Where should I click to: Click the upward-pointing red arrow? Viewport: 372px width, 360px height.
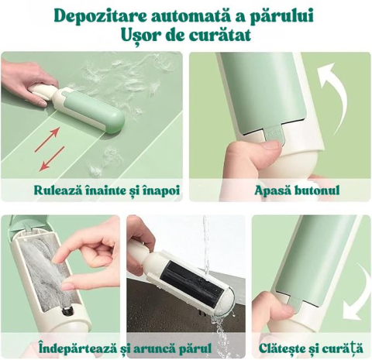[47, 139]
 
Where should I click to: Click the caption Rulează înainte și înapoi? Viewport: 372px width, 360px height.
[107, 190]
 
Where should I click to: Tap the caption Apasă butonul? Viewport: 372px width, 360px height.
[297, 190]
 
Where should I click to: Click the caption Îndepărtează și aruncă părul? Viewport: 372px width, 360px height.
[125, 348]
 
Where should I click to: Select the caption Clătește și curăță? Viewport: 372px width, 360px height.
[311, 348]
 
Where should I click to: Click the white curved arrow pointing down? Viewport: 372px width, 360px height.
[358, 293]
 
